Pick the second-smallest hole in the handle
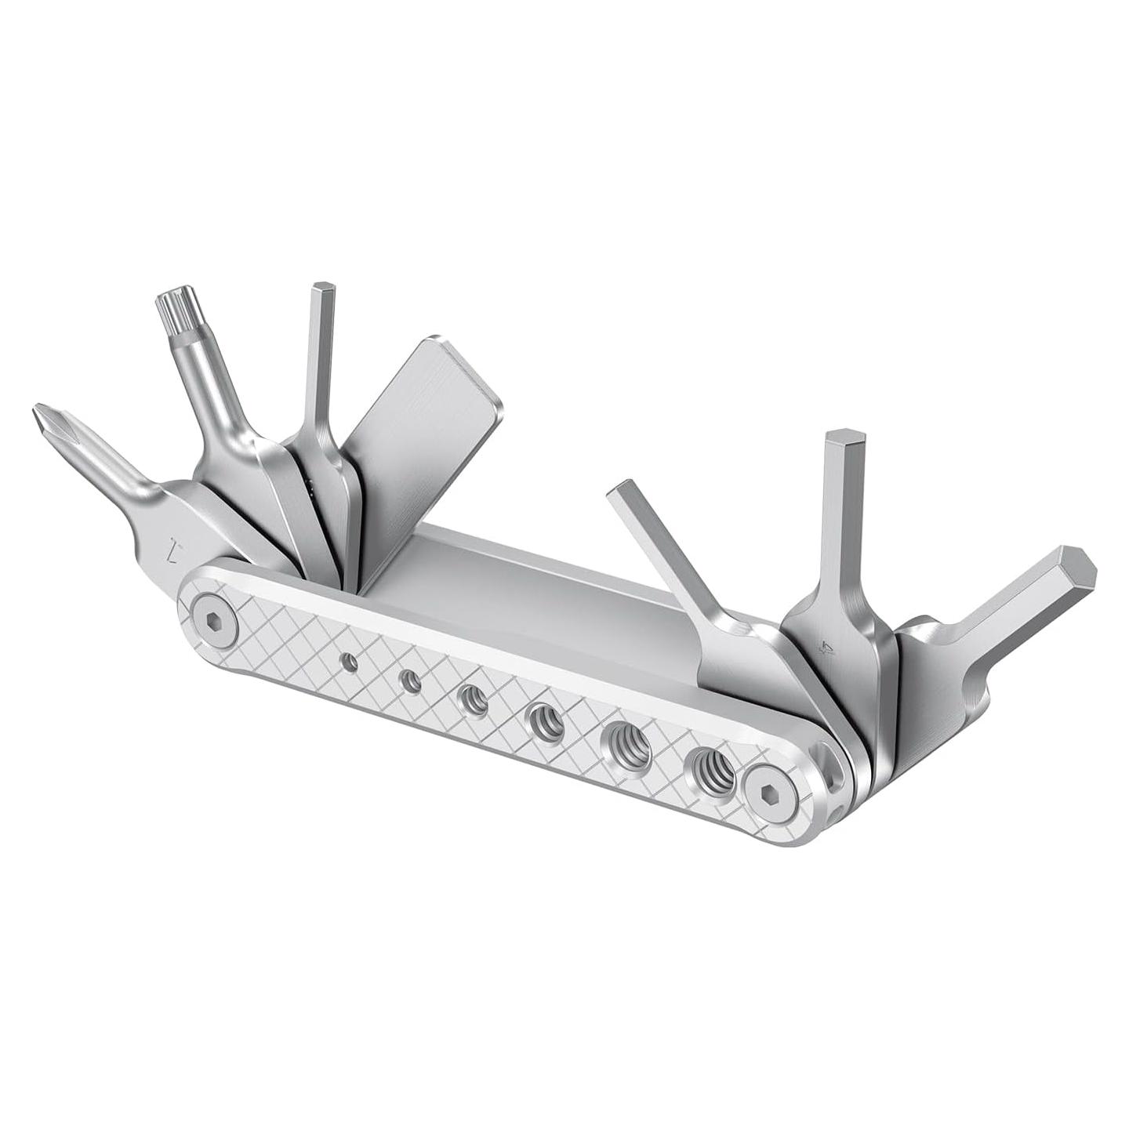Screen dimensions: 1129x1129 (x=408, y=681)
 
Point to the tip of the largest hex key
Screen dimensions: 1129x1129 (x=1074, y=566)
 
